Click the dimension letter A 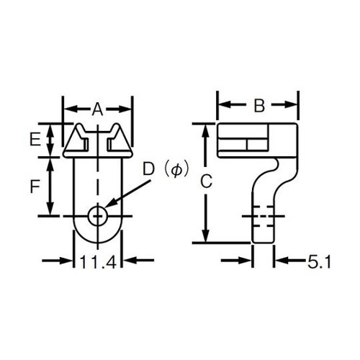click(98, 109)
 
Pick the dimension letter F click(35, 186)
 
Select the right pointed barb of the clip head click(120, 138)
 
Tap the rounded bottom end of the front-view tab click(98, 238)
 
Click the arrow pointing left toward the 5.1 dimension click(284, 261)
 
